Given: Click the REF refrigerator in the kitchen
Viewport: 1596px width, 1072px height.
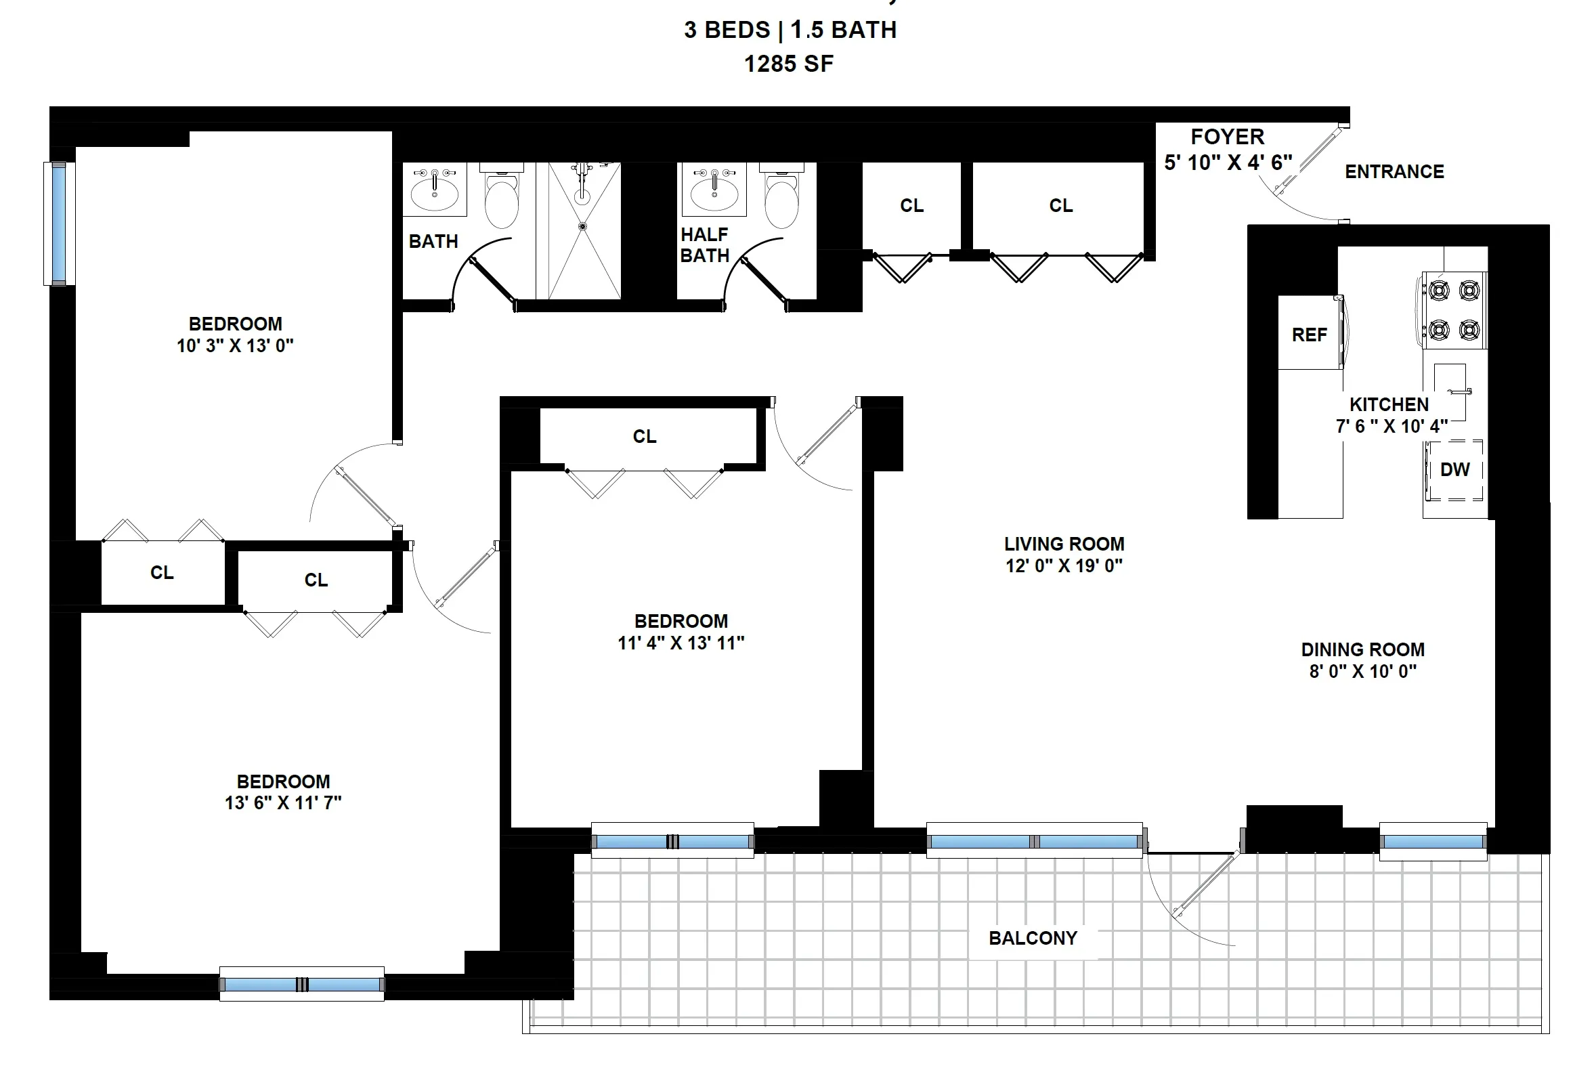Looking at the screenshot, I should click(1309, 334).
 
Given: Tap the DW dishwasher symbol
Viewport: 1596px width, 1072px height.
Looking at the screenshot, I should click(1454, 470).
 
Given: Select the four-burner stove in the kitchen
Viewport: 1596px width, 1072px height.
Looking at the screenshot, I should click(1454, 310).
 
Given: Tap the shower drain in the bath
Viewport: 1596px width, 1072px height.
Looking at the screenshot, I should click(582, 226).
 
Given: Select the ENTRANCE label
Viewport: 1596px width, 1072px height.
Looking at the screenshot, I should click(1394, 171).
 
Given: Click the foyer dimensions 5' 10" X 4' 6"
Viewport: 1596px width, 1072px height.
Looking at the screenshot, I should click(1228, 162).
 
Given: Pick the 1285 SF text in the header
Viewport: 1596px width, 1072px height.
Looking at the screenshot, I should click(789, 64).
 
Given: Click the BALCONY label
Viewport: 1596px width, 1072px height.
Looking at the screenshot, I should click(1033, 938).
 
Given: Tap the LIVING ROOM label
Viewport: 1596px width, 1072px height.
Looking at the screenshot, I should click(1064, 544).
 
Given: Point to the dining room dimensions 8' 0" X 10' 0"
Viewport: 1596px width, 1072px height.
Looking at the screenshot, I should click(1363, 670).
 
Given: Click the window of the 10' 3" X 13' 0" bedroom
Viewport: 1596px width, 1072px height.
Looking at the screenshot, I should click(59, 223).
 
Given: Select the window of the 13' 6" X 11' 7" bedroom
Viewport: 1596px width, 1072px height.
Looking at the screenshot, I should click(301, 985).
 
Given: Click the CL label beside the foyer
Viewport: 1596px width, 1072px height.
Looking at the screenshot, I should click(1061, 205).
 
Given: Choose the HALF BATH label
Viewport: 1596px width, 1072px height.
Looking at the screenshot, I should click(705, 244).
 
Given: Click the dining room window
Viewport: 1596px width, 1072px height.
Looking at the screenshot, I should click(1433, 842).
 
